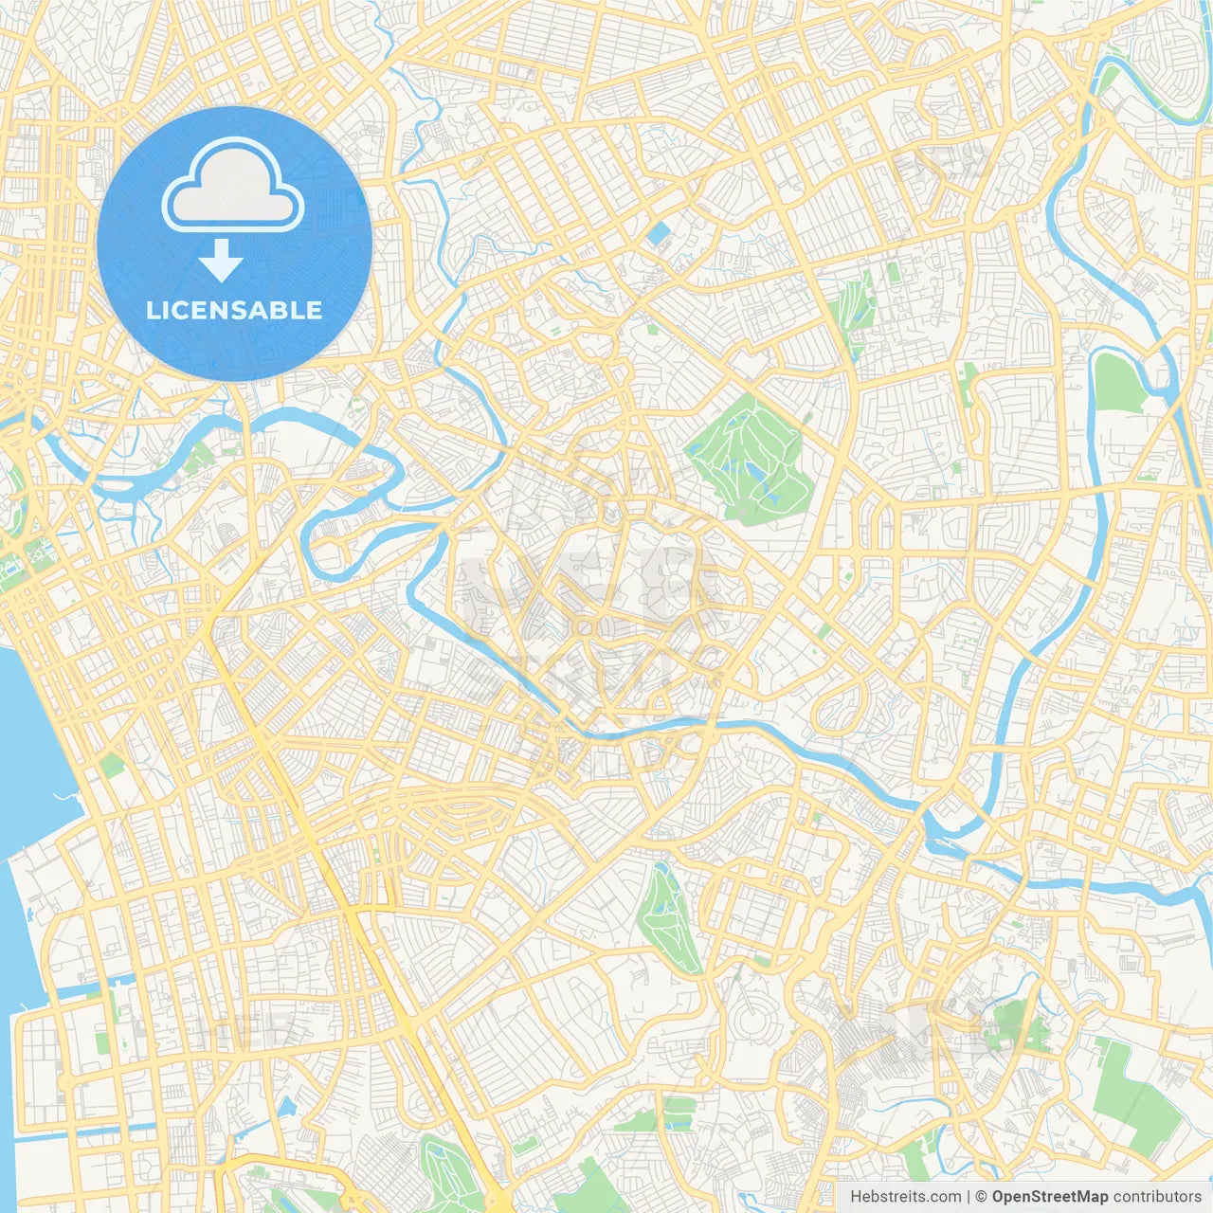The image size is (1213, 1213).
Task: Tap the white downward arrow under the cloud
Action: [x=221, y=261]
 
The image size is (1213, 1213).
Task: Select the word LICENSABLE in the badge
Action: [x=234, y=310]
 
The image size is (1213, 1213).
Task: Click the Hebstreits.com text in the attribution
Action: [x=905, y=1197]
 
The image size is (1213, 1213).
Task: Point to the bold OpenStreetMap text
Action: [x=1049, y=1197]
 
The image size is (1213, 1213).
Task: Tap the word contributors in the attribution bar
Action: [x=1157, y=1197]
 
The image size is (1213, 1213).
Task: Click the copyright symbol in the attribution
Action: [x=982, y=1197]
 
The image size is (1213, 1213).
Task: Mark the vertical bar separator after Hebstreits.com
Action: [x=969, y=1197]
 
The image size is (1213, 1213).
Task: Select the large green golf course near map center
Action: [x=749, y=460]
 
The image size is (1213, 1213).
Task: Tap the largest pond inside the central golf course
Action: [x=755, y=471]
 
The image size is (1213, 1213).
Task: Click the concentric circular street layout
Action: [x=751, y=1023]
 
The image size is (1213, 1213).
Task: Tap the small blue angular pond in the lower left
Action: [x=286, y=1107]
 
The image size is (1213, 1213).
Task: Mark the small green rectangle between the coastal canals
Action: [x=102, y=1042]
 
